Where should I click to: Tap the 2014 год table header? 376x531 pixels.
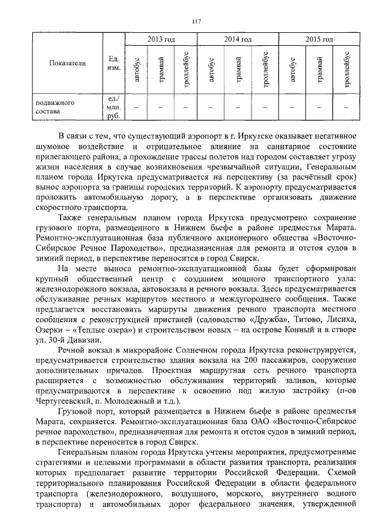click(239, 39)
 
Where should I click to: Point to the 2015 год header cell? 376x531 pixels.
click(319, 39)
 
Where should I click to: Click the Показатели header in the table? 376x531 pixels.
click(68, 63)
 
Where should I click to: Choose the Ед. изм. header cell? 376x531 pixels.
click(113, 63)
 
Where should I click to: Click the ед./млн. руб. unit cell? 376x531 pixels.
click(113, 106)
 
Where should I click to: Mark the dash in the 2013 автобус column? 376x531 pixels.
click(136, 107)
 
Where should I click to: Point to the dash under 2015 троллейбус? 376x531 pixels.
click(347, 107)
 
